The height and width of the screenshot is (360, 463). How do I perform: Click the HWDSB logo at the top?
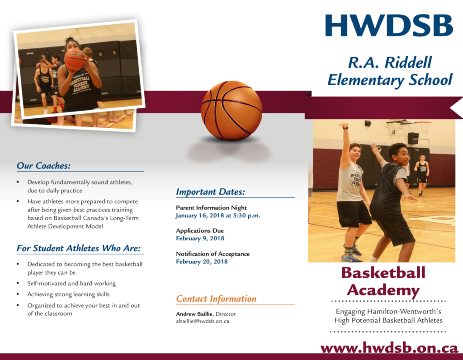coord(389,25)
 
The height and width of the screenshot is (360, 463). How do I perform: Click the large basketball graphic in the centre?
coord(231,111)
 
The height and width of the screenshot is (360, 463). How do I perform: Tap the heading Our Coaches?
coord(43,166)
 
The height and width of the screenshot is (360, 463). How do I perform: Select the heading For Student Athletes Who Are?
coord(79,248)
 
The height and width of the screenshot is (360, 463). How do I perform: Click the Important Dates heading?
coord(210,192)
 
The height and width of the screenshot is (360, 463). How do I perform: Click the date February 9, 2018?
coord(200,238)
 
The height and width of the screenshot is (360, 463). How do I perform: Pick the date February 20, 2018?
coord(202,262)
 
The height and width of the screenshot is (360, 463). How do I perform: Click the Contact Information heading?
coord(216,299)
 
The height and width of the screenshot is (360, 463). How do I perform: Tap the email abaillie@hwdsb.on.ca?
coord(203,321)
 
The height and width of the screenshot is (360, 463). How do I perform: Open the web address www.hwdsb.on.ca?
coord(389,348)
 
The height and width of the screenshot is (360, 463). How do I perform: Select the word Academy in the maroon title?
coord(383,290)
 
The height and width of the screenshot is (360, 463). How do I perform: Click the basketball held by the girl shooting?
coord(75,60)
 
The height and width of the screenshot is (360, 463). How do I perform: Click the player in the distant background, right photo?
coord(422,174)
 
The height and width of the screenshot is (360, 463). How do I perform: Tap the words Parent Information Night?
coord(211,208)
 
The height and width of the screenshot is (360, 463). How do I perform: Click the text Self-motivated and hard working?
coord(71,284)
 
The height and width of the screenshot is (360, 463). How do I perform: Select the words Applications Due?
coord(199,231)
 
